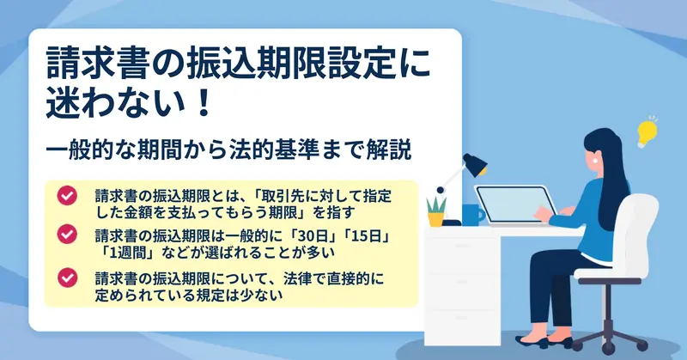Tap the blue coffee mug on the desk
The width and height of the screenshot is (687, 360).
472,215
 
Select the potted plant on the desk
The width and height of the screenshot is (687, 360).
436,212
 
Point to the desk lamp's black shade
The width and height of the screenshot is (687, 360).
476,165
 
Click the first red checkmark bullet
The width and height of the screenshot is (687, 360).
67,196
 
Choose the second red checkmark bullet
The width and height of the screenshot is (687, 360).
67,235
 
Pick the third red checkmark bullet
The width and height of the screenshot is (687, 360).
67,278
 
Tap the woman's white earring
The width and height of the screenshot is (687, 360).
595,160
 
